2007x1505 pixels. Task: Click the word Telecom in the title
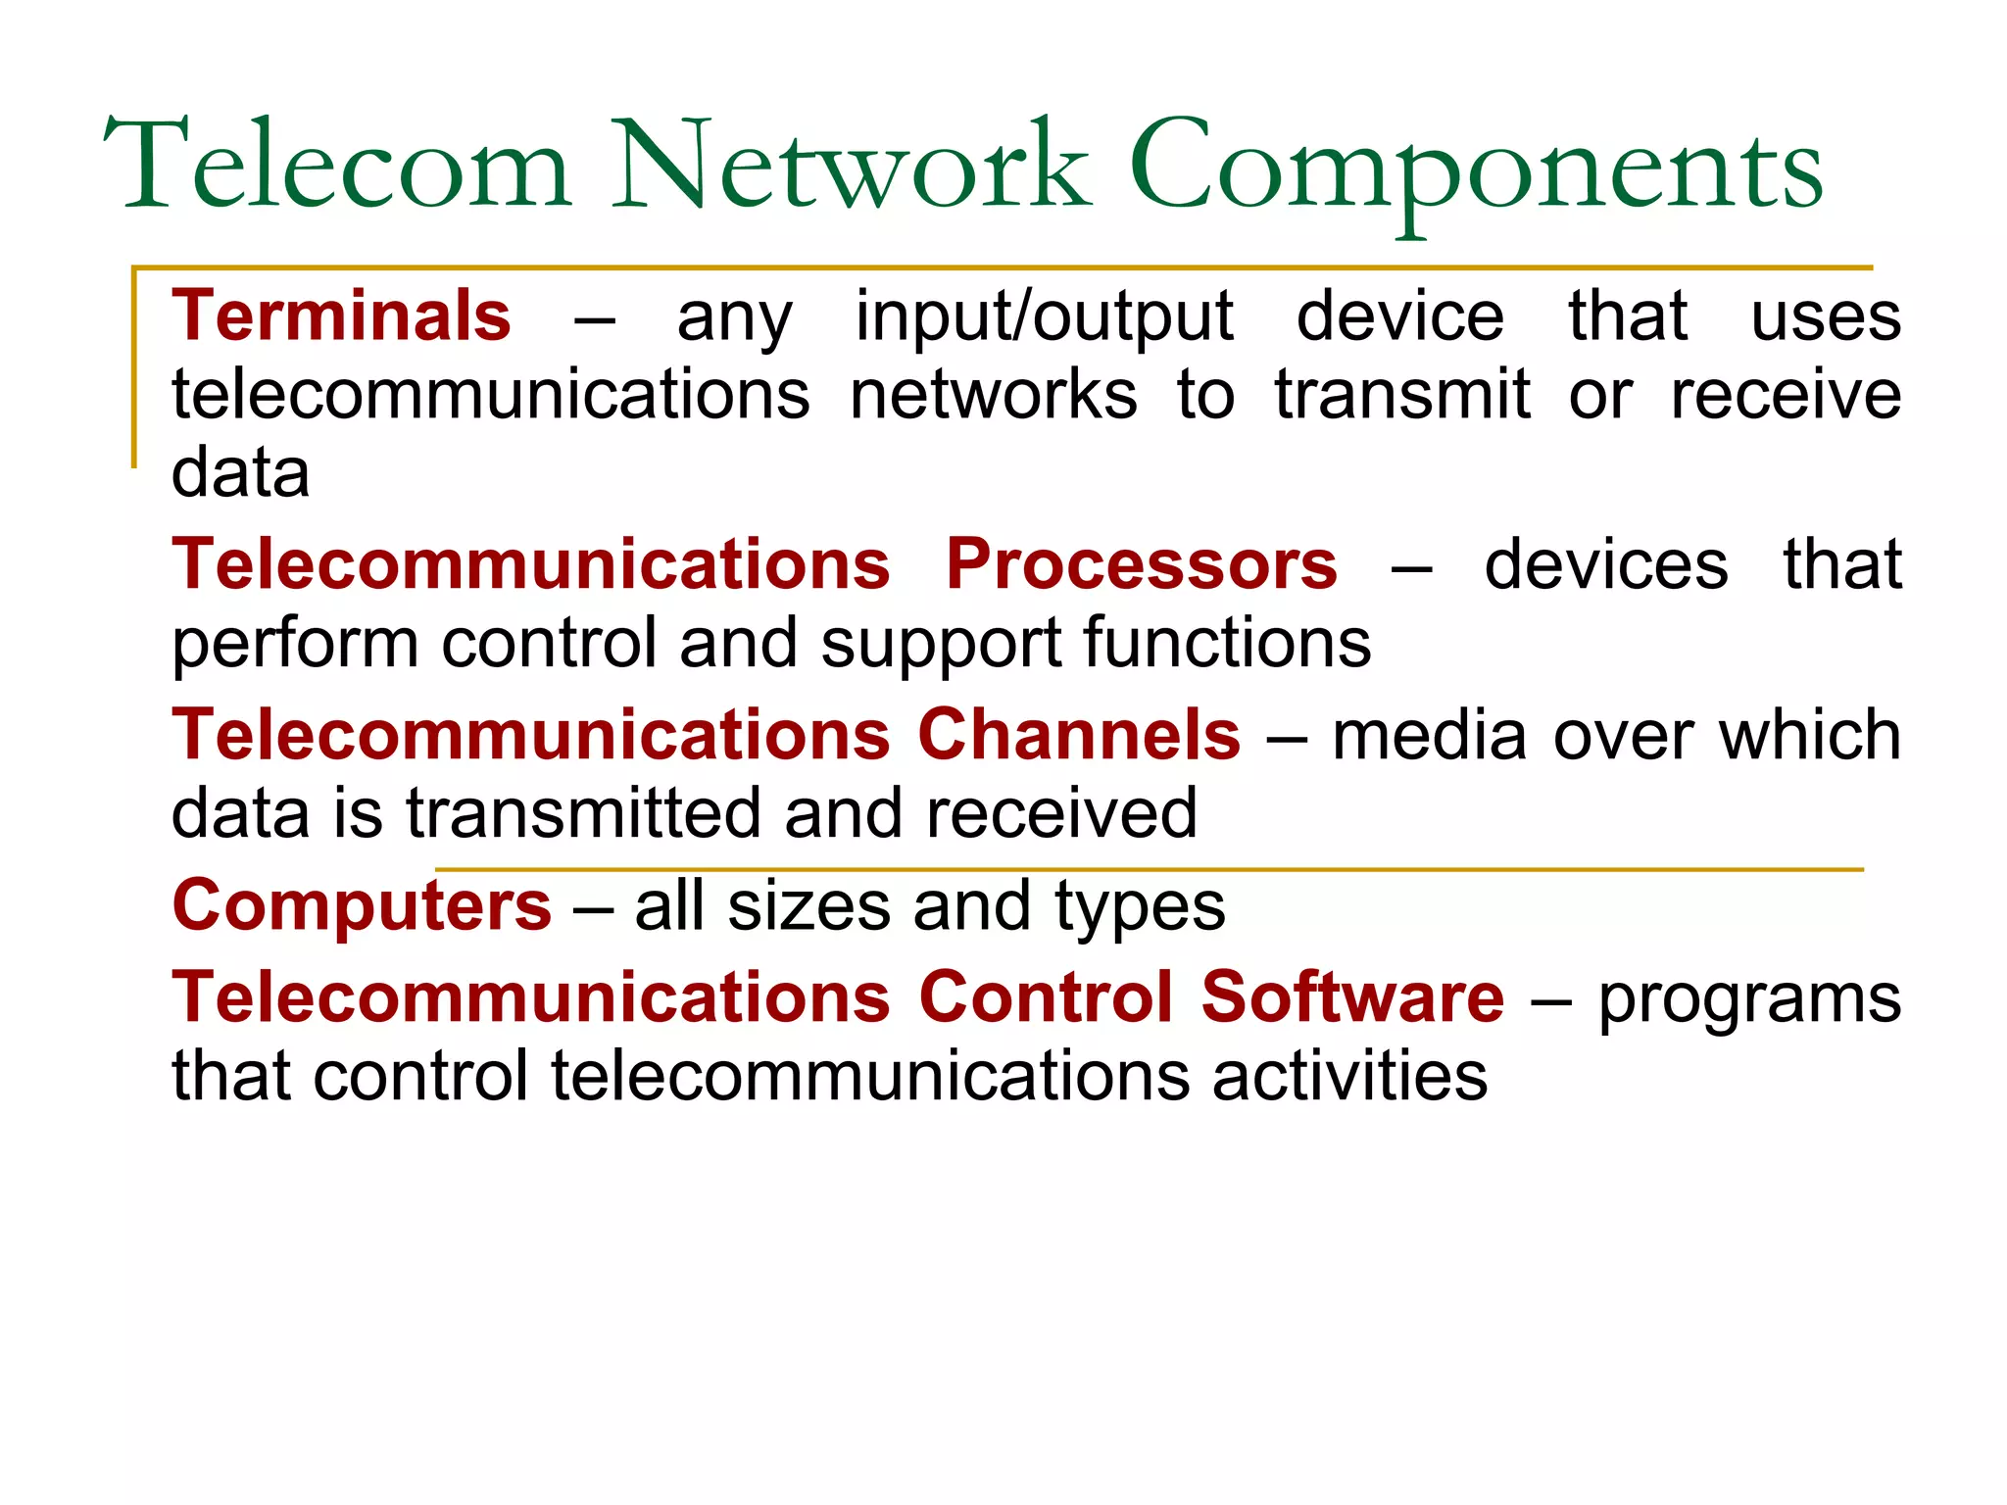[338, 165]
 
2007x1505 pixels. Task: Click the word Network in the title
[851, 165]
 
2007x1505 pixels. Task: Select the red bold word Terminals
[341, 316]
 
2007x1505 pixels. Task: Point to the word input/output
[1044, 317]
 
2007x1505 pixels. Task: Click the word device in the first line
[1399, 316]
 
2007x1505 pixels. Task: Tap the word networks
[994, 394]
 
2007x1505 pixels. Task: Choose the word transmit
[1402, 394]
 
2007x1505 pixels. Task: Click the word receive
[1786, 394]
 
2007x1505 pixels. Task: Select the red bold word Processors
[1141, 564]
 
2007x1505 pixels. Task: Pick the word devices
[1606, 564]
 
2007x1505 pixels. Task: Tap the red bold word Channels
[1079, 735]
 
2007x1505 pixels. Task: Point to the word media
[1429, 735]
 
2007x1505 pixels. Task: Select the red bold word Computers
[362, 906]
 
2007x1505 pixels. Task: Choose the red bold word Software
[1352, 997]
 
